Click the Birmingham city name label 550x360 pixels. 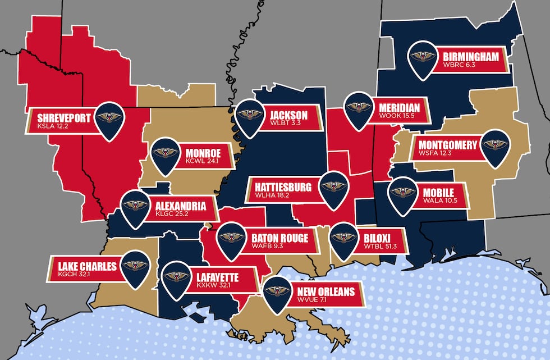pyautogui.click(x=470, y=57)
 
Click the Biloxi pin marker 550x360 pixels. pyautogui.click(x=344, y=238)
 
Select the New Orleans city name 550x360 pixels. pyautogui.click(x=326, y=291)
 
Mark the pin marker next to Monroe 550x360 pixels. pyautogui.click(x=165, y=153)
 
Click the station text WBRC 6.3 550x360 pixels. pyautogui.click(x=459, y=66)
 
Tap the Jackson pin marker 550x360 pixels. pyautogui.click(x=249, y=115)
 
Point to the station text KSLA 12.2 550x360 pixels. pyautogui.click(x=52, y=127)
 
